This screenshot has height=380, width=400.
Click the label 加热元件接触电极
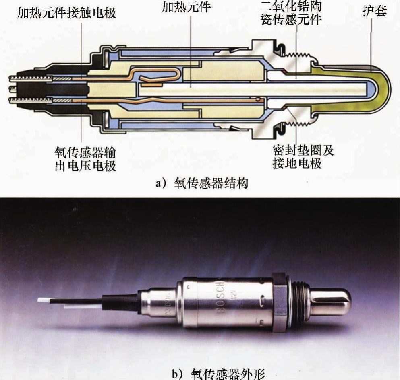pos(66,13)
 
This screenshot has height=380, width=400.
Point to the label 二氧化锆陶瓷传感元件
pos(291,13)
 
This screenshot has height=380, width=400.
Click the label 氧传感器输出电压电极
pos(85,159)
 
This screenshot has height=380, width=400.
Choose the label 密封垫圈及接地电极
pos(303,157)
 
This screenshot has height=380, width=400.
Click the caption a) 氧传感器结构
pos(202,183)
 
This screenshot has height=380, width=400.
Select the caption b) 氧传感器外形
pos(218,374)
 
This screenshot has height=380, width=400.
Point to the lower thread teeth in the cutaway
pos(298,124)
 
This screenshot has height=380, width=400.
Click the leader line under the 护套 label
pos(371,42)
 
